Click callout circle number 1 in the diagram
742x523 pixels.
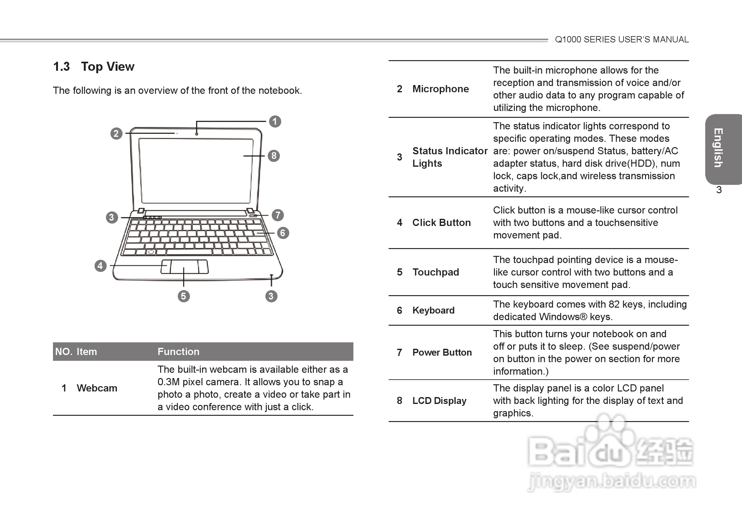(x=275, y=122)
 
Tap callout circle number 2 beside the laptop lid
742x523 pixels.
(x=116, y=133)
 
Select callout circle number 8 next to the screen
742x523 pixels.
(x=274, y=156)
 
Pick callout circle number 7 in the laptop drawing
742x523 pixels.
(x=278, y=215)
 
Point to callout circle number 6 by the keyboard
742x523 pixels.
(x=283, y=233)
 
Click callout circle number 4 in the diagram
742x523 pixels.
(x=101, y=266)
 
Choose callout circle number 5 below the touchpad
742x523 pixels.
(x=184, y=296)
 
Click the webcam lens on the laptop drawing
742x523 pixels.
(x=197, y=133)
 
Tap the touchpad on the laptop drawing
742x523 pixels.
(x=184, y=267)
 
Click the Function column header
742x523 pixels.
(x=178, y=352)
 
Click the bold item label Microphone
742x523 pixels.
(x=440, y=89)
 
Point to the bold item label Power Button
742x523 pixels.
(x=442, y=352)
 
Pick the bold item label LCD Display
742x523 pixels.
(x=439, y=401)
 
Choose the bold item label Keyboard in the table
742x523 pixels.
(x=433, y=310)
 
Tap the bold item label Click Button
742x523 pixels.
(x=442, y=223)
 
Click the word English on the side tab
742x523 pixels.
(x=718, y=148)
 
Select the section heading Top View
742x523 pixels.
(x=108, y=67)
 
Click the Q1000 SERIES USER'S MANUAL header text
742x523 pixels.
(x=621, y=40)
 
